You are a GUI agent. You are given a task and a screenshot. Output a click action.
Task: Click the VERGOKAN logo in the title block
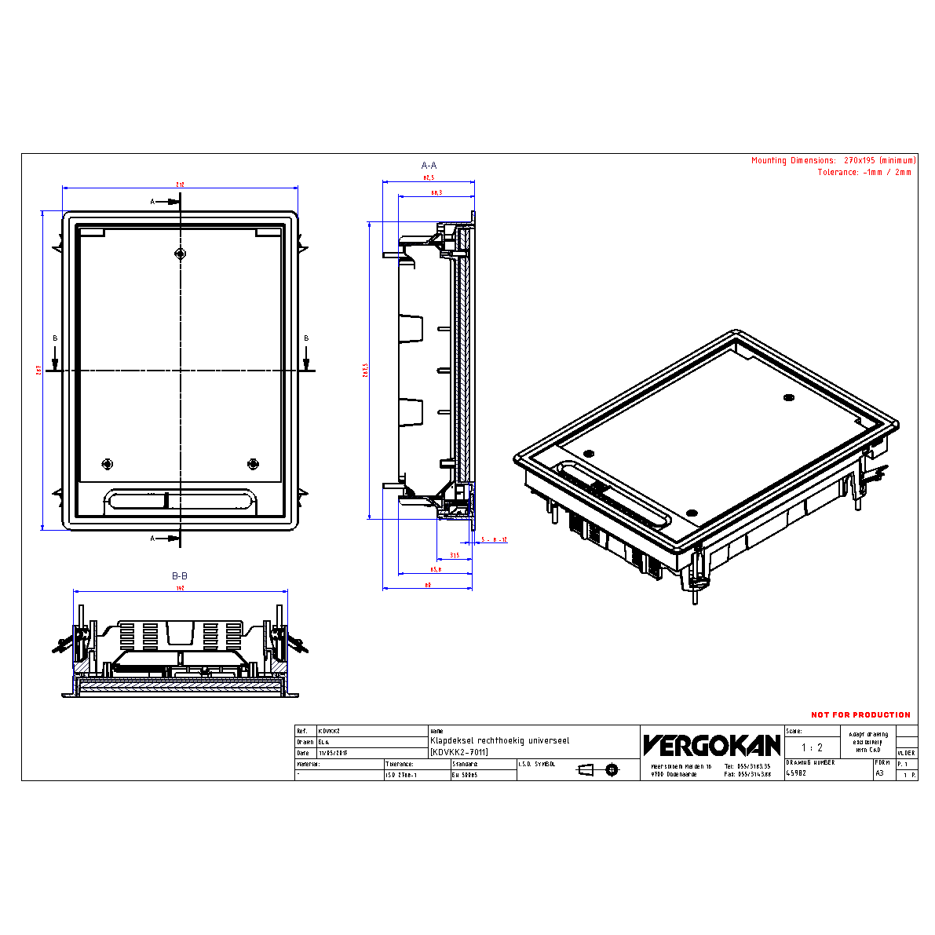point(711,745)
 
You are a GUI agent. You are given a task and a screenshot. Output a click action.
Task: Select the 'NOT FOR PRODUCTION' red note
point(860,714)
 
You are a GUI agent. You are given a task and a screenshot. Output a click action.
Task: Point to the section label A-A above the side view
point(429,166)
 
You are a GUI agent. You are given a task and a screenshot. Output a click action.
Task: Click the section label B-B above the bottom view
point(180,575)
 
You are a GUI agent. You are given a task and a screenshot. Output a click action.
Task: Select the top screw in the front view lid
point(181,254)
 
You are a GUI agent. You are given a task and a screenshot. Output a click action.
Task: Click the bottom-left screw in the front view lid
point(108,464)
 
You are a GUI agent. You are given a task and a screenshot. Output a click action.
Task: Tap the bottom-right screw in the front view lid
point(253,464)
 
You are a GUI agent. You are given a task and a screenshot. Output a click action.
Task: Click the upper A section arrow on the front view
point(166,202)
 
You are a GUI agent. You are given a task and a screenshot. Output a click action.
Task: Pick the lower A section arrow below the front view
point(166,538)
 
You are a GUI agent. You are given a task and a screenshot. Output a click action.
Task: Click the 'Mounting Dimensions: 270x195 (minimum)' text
point(833,160)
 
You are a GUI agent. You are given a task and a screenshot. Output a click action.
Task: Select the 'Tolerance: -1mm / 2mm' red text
point(864,172)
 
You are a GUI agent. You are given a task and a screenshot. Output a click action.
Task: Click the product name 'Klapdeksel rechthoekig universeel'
point(500,740)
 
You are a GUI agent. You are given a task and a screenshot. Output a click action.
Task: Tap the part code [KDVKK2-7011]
point(459,752)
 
